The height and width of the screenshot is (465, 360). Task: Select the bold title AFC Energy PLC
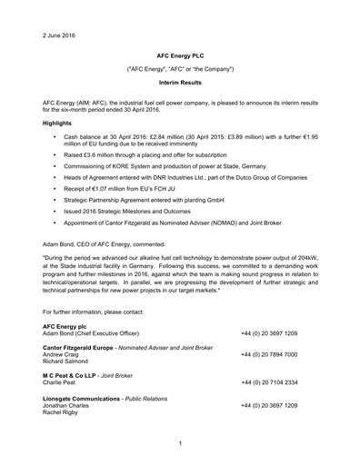pyautogui.click(x=179, y=54)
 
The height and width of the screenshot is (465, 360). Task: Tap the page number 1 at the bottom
pyautogui.click(x=180, y=444)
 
